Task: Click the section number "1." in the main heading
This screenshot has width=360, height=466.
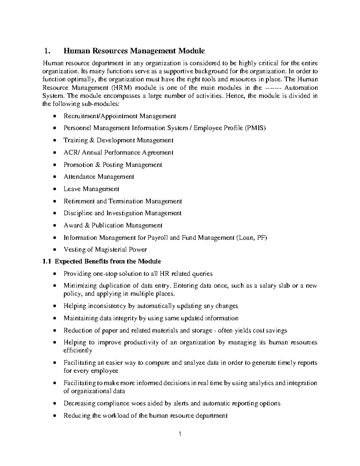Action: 46,51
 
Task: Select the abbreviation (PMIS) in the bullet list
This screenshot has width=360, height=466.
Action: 255,128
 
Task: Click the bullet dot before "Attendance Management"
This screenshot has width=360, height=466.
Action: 54,177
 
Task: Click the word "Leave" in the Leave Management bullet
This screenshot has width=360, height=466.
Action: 72,189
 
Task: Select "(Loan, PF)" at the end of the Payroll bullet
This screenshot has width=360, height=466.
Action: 251,238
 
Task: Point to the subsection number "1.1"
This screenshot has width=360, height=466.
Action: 47,261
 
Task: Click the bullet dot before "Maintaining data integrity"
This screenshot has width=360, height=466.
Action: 54,318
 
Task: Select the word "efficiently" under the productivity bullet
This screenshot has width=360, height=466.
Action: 78,350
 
